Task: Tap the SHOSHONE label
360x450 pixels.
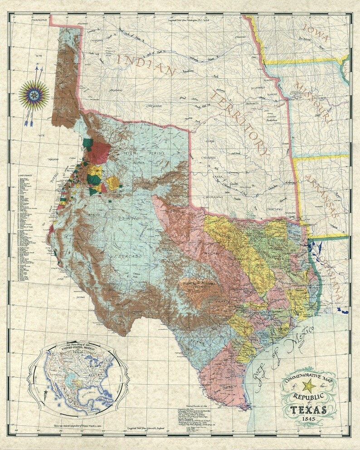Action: point(39,20)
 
